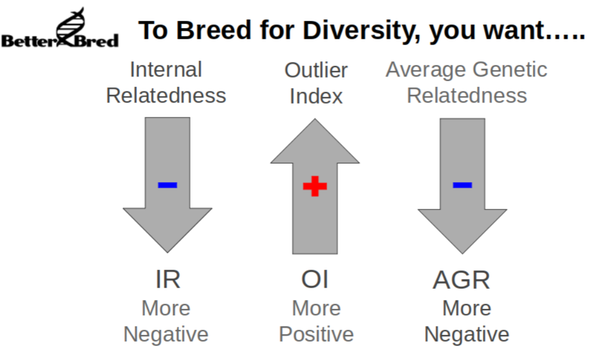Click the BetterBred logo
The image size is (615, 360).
(60, 28)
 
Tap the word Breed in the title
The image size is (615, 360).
(214, 30)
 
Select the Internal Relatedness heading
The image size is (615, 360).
(166, 82)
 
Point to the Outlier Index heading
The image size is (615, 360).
(316, 83)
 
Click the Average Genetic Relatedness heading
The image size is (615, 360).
(466, 82)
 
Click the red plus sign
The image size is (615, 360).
(315, 186)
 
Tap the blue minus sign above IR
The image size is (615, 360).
(167, 185)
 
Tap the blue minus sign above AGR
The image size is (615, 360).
(463, 185)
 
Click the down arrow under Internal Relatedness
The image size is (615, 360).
(167, 185)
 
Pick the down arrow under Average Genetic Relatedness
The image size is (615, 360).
(463, 186)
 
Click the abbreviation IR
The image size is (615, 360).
(168, 280)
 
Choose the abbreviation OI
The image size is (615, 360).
(314, 280)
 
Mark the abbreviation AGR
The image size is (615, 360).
(462, 280)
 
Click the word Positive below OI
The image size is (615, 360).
(317, 334)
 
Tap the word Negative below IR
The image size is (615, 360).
(166, 335)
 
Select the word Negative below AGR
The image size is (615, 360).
(467, 335)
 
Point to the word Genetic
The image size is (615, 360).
(510, 69)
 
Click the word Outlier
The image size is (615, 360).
(316, 71)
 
